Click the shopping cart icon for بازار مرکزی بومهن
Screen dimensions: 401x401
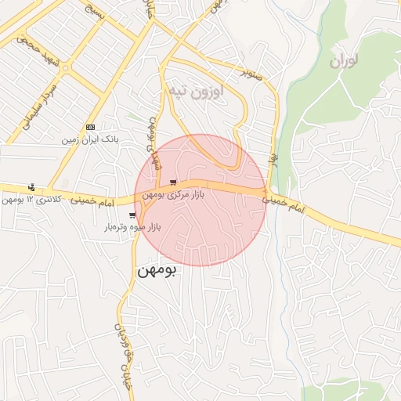coord(173,182)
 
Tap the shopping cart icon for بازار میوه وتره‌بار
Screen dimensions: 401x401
coord(132,215)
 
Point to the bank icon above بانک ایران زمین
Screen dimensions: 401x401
coord(90,127)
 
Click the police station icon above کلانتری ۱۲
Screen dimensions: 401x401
coord(31,187)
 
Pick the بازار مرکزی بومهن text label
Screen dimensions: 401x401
coord(173,194)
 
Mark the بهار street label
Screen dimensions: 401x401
coord(274,164)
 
